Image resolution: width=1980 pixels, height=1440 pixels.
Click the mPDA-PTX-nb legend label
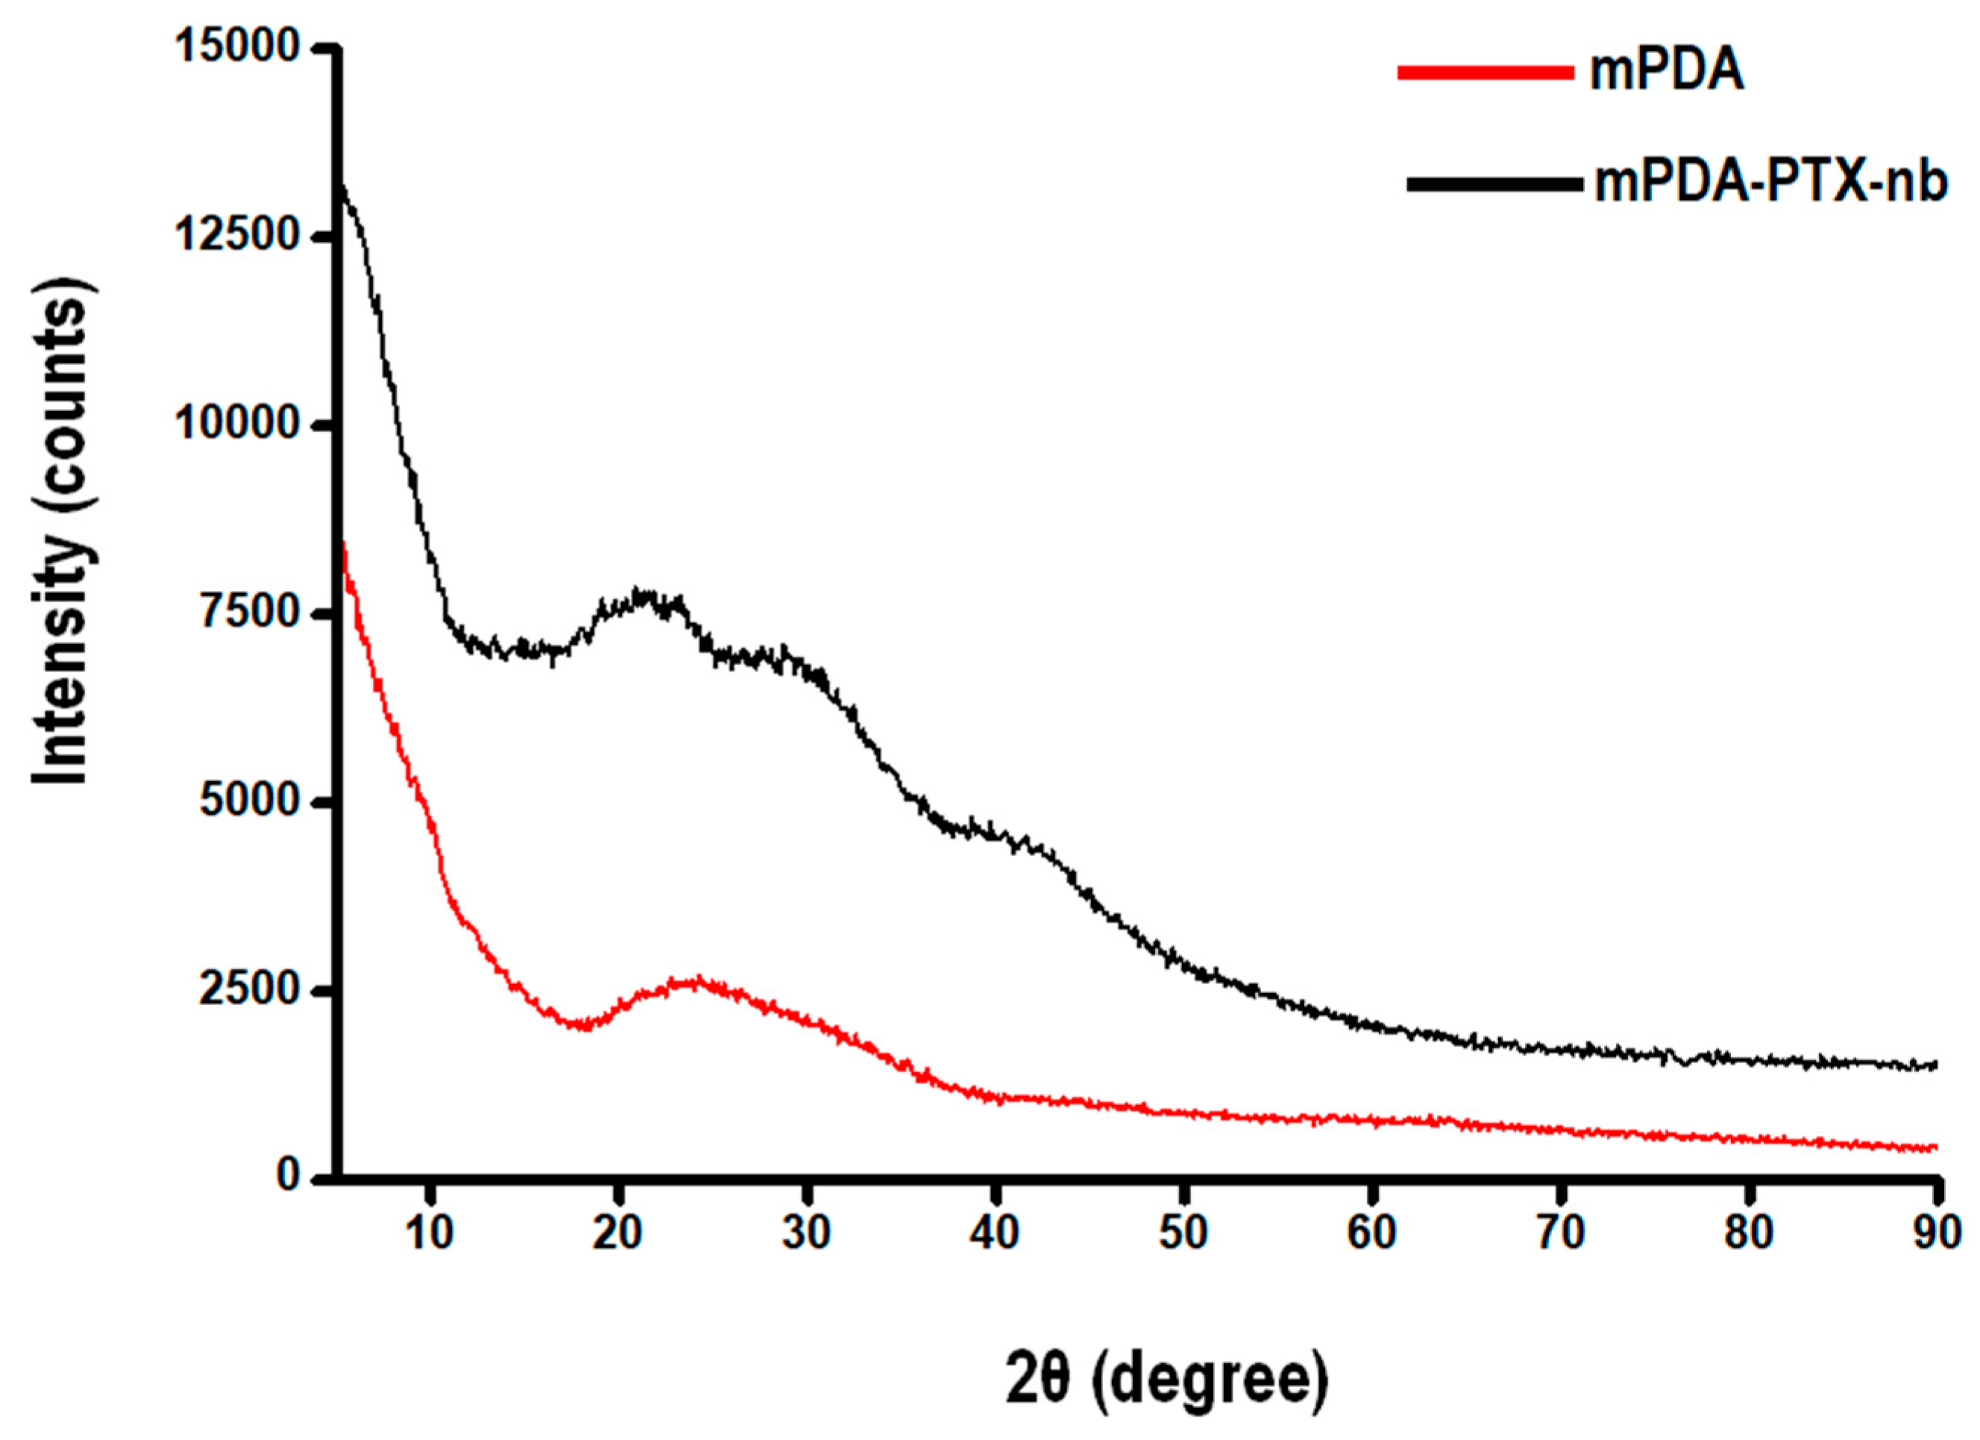pyautogui.click(x=1770, y=184)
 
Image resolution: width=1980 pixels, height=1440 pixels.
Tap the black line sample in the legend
pyautogui.click(x=1494, y=184)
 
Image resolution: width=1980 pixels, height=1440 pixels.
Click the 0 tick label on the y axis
pyautogui.click(x=289, y=1178)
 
